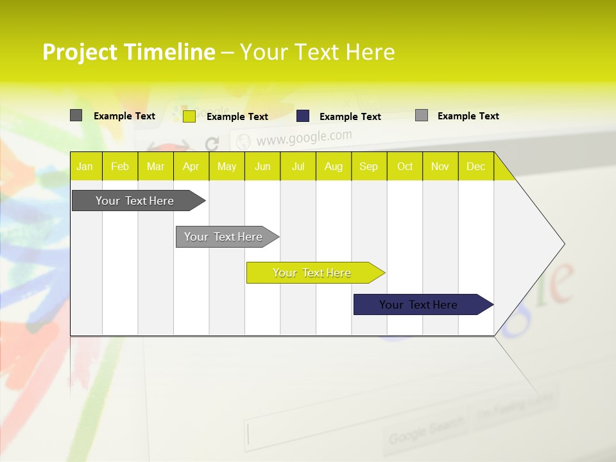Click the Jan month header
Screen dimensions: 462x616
pos(85,166)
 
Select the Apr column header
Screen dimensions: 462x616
pos(191,166)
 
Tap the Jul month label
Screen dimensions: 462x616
pos(298,166)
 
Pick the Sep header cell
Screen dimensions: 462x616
pos(368,166)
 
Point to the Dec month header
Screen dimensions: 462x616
pos(475,166)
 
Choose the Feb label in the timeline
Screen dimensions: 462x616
pos(120,166)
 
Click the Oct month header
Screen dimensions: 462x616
pos(405,166)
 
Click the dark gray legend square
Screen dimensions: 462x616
pos(76,116)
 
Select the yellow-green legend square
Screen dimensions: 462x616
pos(189,116)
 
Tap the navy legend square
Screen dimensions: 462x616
pos(303,116)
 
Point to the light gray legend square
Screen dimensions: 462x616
pos(422,116)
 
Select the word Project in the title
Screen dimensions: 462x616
pos(80,52)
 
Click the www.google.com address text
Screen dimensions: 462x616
pos(304,137)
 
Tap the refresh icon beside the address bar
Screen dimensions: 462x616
pos(212,144)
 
